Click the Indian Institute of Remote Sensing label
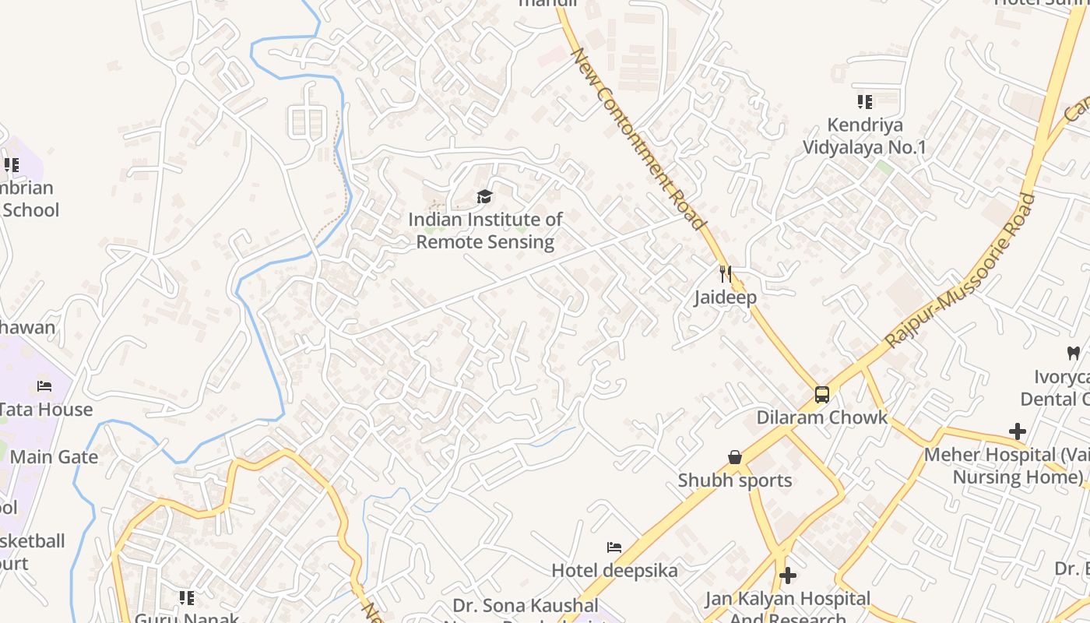tap(485, 231)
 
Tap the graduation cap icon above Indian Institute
tap(485, 196)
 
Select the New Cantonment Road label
tap(638, 139)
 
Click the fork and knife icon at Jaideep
tap(726, 274)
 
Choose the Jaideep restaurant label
tap(726, 297)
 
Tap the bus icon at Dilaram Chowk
tap(822, 394)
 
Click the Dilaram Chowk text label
tap(822, 417)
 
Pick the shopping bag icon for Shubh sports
tap(734, 457)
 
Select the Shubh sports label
tap(735, 480)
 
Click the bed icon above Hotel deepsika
tap(614, 547)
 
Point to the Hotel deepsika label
tap(614, 570)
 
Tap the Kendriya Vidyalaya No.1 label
tap(865, 136)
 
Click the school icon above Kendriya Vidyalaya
tap(865, 101)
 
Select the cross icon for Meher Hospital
tap(1017, 431)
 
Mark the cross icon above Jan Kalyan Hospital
tap(788, 575)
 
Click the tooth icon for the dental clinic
tap(1073, 353)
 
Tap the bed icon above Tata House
tap(44, 386)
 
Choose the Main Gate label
tap(54, 456)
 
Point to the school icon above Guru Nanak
tap(186, 597)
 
